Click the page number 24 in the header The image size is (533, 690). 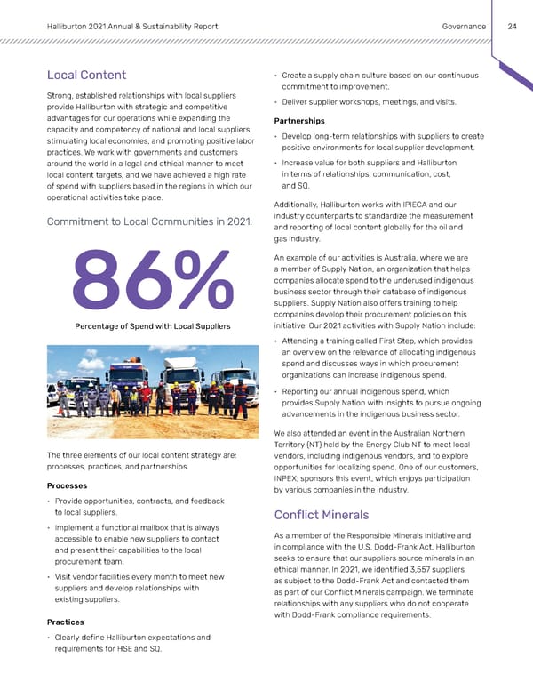coord(512,27)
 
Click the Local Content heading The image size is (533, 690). coord(85,75)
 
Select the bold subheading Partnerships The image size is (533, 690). coord(299,121)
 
